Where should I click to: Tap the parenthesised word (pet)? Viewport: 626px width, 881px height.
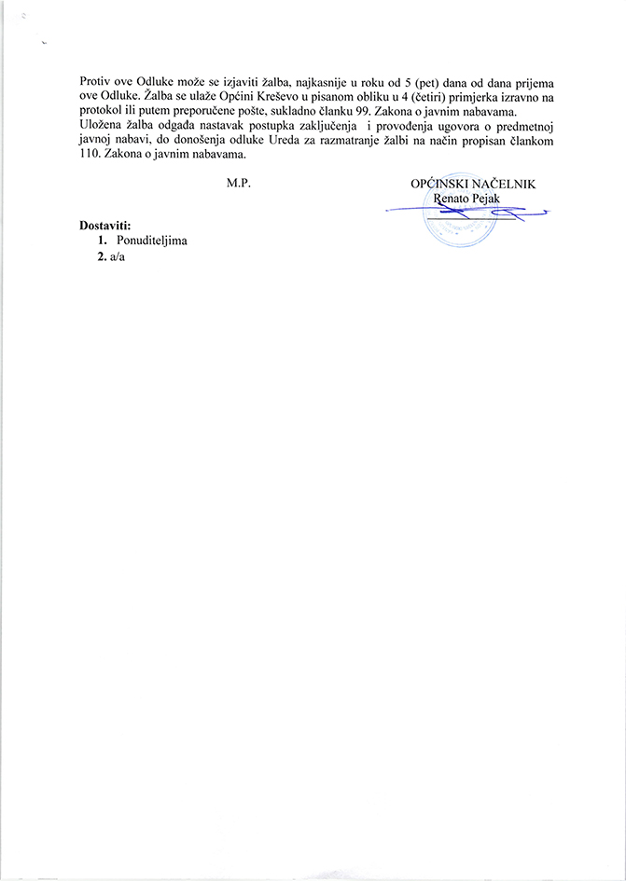tap(436, 81)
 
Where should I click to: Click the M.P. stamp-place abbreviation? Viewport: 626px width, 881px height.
tap(240, 185)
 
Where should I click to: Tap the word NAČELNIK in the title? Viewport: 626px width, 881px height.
tap(503, 185)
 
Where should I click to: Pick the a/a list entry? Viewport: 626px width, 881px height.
tap(117, 257)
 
